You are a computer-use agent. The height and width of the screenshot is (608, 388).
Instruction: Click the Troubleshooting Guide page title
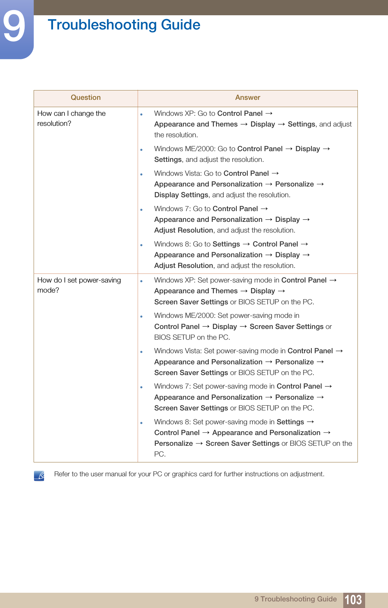124,25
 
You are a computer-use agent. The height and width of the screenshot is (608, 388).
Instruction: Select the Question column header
86,98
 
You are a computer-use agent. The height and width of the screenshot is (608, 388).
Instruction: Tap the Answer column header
248,98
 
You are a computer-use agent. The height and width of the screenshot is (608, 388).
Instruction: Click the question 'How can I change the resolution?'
71,118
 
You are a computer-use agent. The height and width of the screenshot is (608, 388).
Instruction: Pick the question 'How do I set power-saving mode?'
79,285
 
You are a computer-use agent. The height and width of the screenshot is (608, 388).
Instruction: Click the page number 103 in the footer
353,599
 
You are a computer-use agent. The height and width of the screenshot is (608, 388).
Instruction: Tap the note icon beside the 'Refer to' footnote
39,476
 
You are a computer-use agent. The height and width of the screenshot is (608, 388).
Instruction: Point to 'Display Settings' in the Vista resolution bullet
181,195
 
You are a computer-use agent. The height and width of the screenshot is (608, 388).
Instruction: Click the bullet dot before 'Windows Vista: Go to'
141,174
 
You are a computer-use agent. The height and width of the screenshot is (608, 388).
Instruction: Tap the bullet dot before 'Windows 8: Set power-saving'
141,423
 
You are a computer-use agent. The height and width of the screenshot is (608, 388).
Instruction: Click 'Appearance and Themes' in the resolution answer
196,124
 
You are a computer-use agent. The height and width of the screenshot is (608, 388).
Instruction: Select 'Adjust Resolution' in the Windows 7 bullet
183,230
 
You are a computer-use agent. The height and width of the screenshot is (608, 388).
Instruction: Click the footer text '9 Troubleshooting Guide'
295,599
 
